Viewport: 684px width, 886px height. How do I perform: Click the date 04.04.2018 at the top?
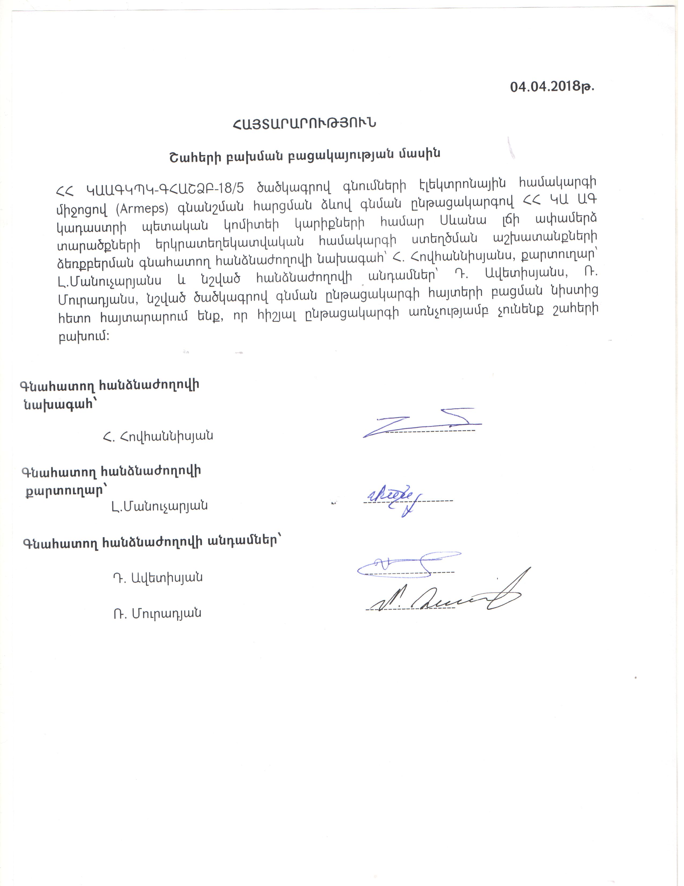551,87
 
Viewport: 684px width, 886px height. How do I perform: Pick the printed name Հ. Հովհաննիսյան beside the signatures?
158,436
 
